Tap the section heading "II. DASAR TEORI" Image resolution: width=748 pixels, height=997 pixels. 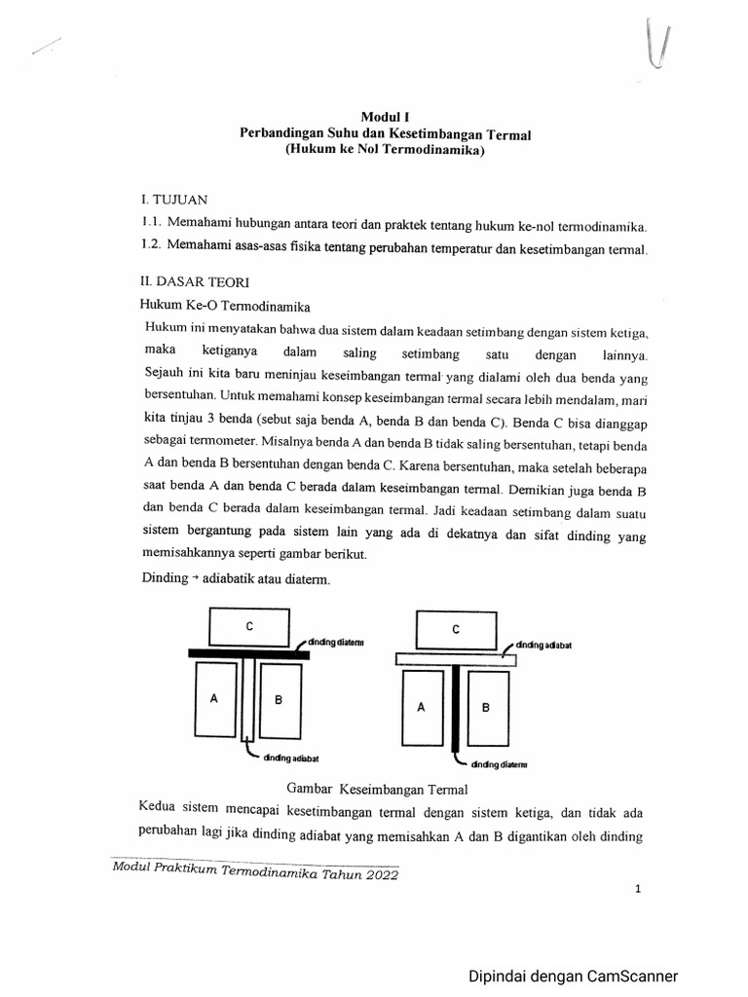196,281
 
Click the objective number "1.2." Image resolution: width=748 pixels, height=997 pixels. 157,250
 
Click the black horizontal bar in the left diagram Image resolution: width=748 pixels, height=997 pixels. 248,655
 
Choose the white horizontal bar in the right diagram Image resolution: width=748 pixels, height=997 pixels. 455,659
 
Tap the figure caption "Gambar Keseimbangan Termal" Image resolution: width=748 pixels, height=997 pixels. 378,788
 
